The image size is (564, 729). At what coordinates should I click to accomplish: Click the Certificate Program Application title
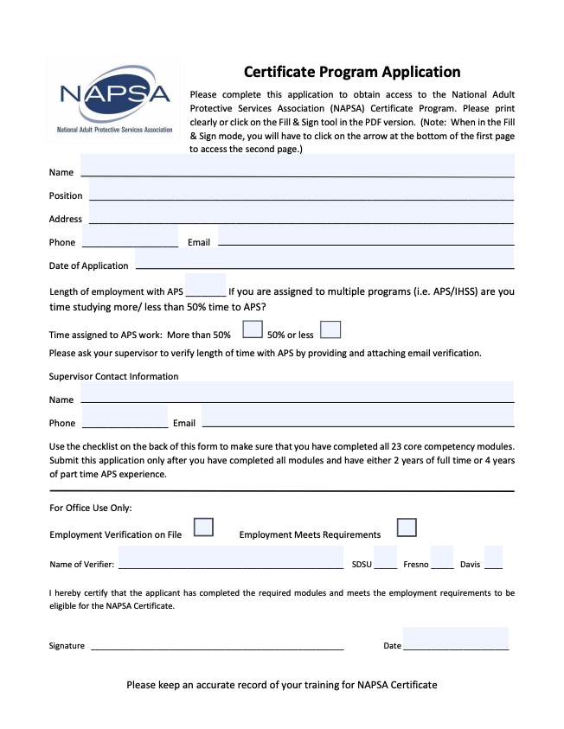pos(352,72)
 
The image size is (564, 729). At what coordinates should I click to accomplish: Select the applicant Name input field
pos(298,166)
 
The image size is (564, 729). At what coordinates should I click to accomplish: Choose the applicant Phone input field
pos(130,237)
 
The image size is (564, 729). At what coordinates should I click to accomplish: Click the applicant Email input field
pos(366,237)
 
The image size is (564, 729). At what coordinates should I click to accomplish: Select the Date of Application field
pos(324,259)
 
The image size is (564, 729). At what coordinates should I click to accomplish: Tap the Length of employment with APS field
pos(206,286)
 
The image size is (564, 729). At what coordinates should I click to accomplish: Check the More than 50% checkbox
pos(253,329)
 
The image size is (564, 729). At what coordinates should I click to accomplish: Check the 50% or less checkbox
pos(330,329)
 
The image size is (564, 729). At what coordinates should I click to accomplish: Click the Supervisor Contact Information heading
pos(114,376)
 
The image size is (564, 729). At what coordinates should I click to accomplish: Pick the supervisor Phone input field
pos(125,417)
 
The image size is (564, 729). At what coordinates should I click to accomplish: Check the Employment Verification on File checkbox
pos(203,528)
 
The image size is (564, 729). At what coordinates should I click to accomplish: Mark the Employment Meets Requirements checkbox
pos(407,528)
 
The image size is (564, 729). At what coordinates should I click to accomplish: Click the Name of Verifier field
pos(231,559)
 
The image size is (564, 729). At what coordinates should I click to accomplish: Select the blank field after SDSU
pos(386,559)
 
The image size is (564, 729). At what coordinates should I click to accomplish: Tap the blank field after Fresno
pos(442,559)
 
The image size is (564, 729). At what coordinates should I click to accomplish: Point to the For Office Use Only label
pos(91,508)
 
